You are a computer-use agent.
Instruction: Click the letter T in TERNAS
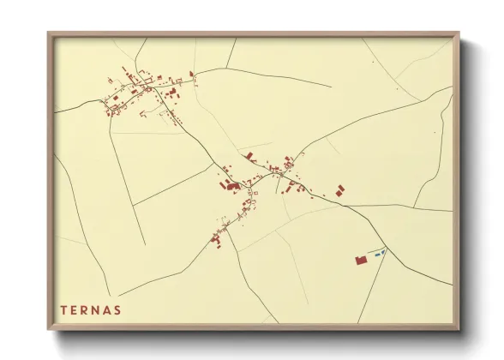(x=63, y=309)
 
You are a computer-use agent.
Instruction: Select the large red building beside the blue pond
(x=361, y=259)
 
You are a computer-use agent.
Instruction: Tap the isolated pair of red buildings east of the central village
(x=340, y=189)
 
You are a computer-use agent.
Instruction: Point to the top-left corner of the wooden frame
(x=49, y=33)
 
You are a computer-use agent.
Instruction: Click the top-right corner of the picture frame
(x=459, y=33)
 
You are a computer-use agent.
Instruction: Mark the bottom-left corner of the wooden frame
(x=49, y=330)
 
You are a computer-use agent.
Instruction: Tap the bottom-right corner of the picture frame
(x=459, y=330)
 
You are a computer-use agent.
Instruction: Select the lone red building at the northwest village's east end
(x=194, y=81)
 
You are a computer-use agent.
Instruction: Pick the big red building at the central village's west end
(x=231, y=184)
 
